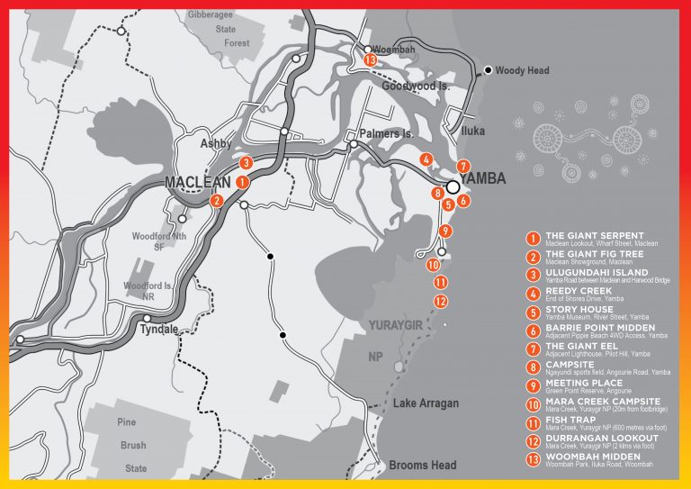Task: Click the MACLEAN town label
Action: click(x=198, y=183)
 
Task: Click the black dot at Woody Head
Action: click(x=489, y=69)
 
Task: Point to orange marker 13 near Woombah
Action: click(x=370, y=59)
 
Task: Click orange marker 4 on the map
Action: click(x=425, y=159)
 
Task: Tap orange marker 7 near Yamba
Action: click(x=462, y=166)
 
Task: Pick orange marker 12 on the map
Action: click(x=440, y=301)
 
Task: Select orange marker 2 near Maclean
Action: click(x=217, y=201)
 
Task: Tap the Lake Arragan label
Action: click(x=426, y=403)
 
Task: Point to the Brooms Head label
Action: click(x=422, y=466)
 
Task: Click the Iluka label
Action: click(x=472, y=131)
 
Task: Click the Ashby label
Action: click(x=215, y=144)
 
